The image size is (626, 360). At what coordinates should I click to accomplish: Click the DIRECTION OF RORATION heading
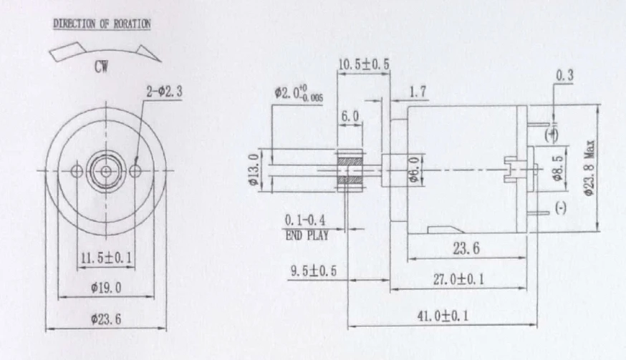102,24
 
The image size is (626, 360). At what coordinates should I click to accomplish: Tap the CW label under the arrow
102,67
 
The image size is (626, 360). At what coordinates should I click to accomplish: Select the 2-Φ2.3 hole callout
164,92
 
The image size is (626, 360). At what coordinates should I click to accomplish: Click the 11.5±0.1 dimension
106,258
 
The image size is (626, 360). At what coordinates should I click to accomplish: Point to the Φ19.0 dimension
106,288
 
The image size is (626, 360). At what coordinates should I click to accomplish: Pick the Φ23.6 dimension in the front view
106,319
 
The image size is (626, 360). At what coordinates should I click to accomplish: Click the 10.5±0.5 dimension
363,64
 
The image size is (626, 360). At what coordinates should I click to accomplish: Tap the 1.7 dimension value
418,92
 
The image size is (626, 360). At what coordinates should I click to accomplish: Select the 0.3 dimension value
564,75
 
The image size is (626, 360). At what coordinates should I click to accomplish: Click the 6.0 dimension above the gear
350,117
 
